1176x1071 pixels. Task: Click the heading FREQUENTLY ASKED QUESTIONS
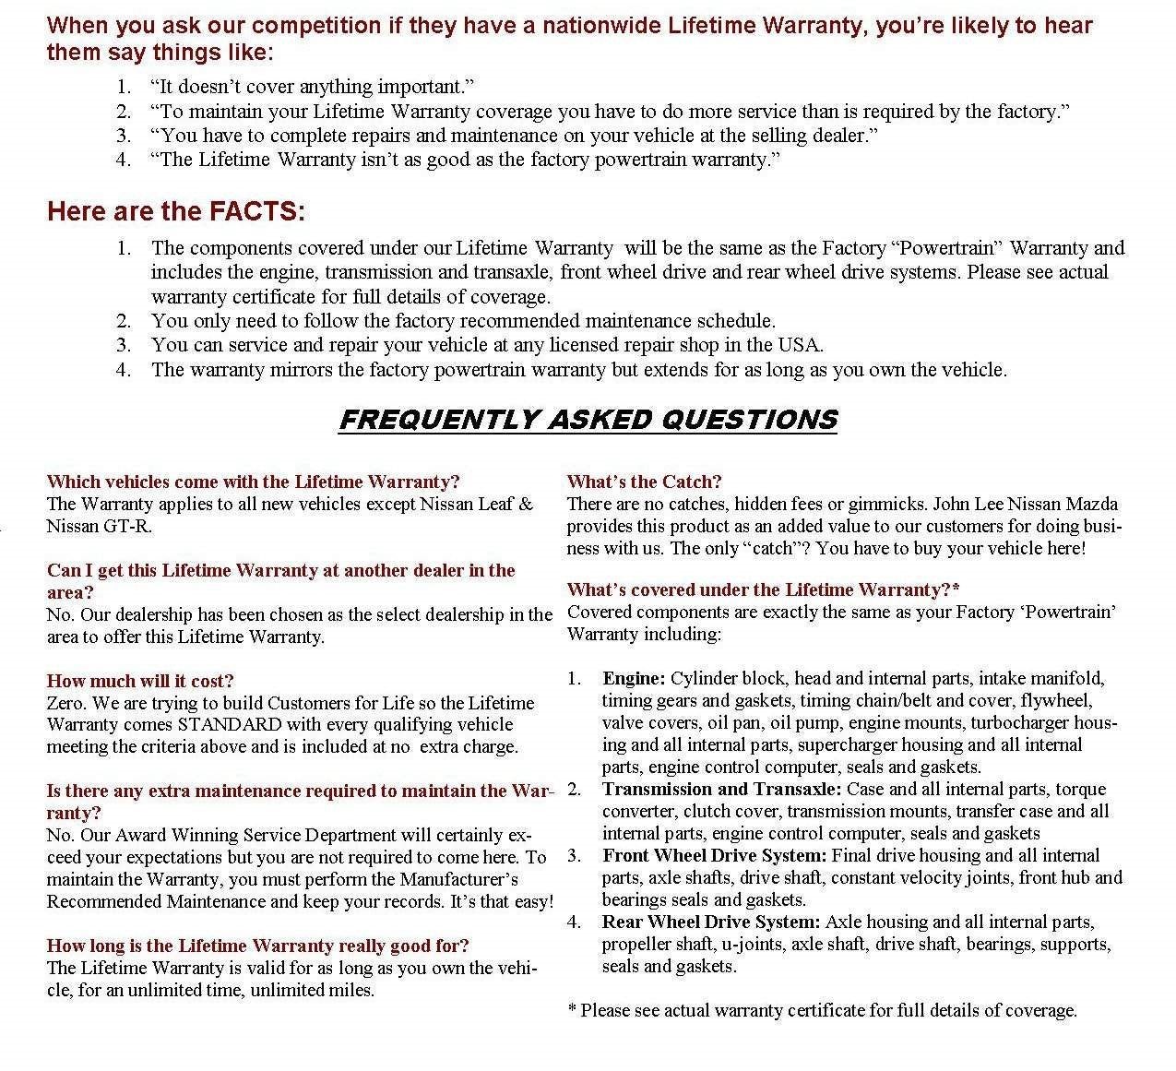click(588, 420)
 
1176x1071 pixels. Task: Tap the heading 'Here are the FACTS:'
click(175, 211)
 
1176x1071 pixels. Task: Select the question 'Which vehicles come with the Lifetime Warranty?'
click(253, 482)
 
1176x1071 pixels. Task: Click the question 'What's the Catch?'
click(644, 482)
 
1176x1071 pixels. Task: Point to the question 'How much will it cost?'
click(140, 681)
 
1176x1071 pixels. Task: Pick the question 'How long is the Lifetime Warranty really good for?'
click(257, 946)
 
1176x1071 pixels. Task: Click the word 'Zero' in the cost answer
click(65, 703)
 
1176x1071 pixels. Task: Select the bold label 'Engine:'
click(634, 678)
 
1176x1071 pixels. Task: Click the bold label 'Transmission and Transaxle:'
click(721, 789)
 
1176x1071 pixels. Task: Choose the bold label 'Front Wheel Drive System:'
click(715, 855)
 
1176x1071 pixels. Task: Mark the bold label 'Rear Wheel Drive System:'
click(711, 922)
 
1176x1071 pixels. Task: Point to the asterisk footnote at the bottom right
click(822, 1010)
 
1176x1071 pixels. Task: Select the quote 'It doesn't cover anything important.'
click(312, 87)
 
